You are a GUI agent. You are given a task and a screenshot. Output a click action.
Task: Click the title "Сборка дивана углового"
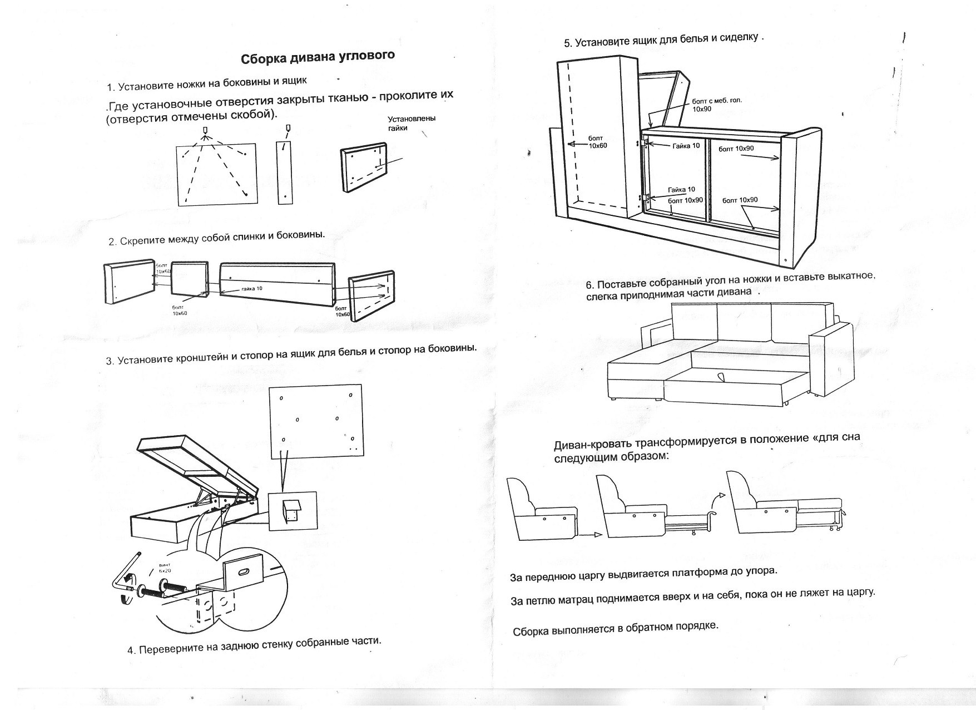pos(318,57)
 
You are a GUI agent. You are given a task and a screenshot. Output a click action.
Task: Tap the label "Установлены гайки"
pos(411,123)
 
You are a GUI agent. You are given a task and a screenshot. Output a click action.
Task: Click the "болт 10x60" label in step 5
pos(598,142)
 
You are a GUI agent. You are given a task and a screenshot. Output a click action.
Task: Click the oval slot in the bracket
pos(244,572)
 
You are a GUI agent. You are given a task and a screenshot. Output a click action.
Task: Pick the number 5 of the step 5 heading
pos(567,43)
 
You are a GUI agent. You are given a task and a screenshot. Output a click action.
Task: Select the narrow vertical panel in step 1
pos(284,172)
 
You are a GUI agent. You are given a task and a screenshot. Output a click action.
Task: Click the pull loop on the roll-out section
pos(721,377)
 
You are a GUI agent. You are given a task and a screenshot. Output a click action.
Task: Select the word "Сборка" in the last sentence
pos(531,632)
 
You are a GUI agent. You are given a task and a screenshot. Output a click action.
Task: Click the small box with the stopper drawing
pos(292,511)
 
